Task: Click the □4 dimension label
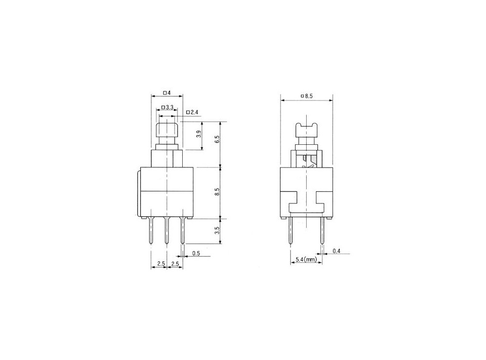[x=167, y=92]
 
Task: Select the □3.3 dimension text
[x=167, y=107]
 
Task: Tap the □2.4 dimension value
[x=192, y=113]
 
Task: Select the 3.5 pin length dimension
[x=218, y=230]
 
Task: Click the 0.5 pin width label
[x=196, y=253]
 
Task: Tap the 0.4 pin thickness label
[x=336, y=251]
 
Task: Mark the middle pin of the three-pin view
[x=167, y=231]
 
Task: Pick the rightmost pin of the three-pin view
[x=183, y=231]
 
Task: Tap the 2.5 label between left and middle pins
[x=159, y=264]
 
